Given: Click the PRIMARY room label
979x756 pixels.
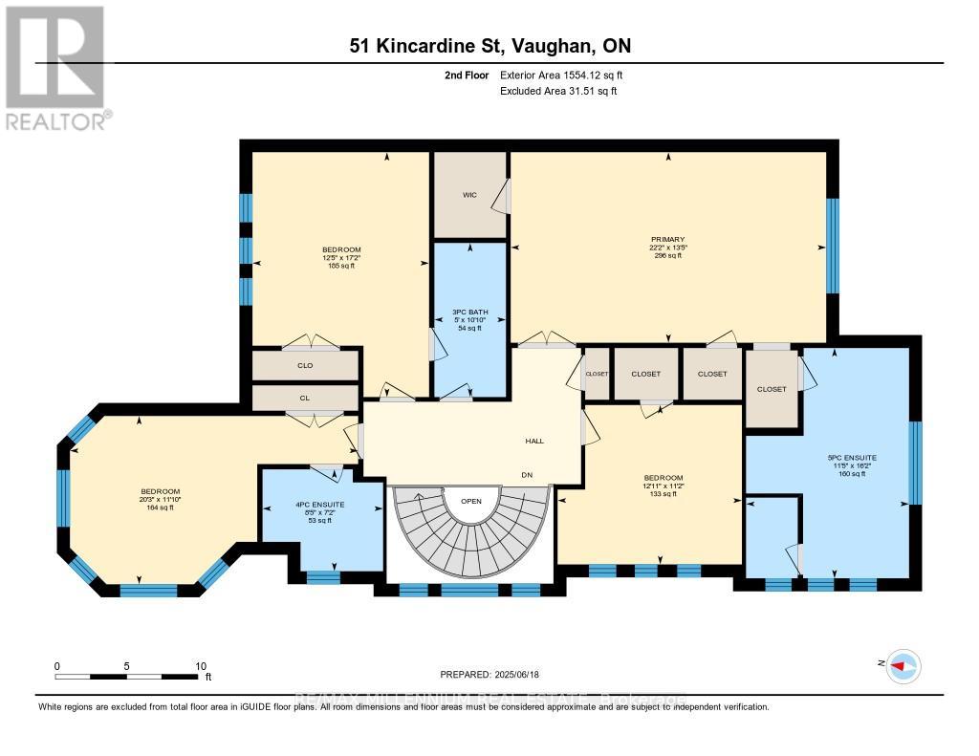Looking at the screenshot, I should coord(668,240).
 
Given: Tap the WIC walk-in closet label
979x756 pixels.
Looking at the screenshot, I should coord(469,195).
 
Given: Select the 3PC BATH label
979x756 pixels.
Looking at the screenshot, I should coord(469,312).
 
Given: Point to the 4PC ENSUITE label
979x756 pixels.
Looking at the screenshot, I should coord(321,504).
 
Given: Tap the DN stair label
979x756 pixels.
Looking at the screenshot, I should coord(526,475).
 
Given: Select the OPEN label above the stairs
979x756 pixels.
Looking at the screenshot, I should coord(470,500).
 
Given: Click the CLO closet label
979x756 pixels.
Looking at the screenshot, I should coord(305,365).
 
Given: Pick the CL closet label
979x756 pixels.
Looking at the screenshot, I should coord(305,398).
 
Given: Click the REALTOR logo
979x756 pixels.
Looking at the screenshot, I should coord(56,67).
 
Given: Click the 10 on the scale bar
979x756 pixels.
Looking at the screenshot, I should coord(201,666).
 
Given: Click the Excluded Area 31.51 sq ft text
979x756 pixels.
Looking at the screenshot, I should coord(558,92).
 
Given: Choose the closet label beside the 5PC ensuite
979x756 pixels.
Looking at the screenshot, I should coord(772,389).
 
